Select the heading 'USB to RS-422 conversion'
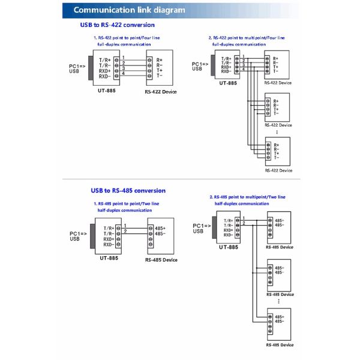[x=117, y=25]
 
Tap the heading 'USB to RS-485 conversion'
[x=128, y=190]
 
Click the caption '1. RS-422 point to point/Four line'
[x=130, y=38]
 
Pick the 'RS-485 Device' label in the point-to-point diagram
[x=161, y=260]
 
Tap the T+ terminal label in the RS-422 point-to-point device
[x=160, y=71]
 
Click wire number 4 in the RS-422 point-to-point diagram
[x=123, y=73]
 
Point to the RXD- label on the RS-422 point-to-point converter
[x=105, y=76]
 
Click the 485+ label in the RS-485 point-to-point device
[x=160, y=229]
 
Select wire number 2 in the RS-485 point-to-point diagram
[x=125, y=231]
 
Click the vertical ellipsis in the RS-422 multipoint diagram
[x=277, y=131]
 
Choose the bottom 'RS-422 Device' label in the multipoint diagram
[x=278, y=170]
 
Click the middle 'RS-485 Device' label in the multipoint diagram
[x=280, y=294]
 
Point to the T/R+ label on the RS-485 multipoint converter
[x=229, y=220]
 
